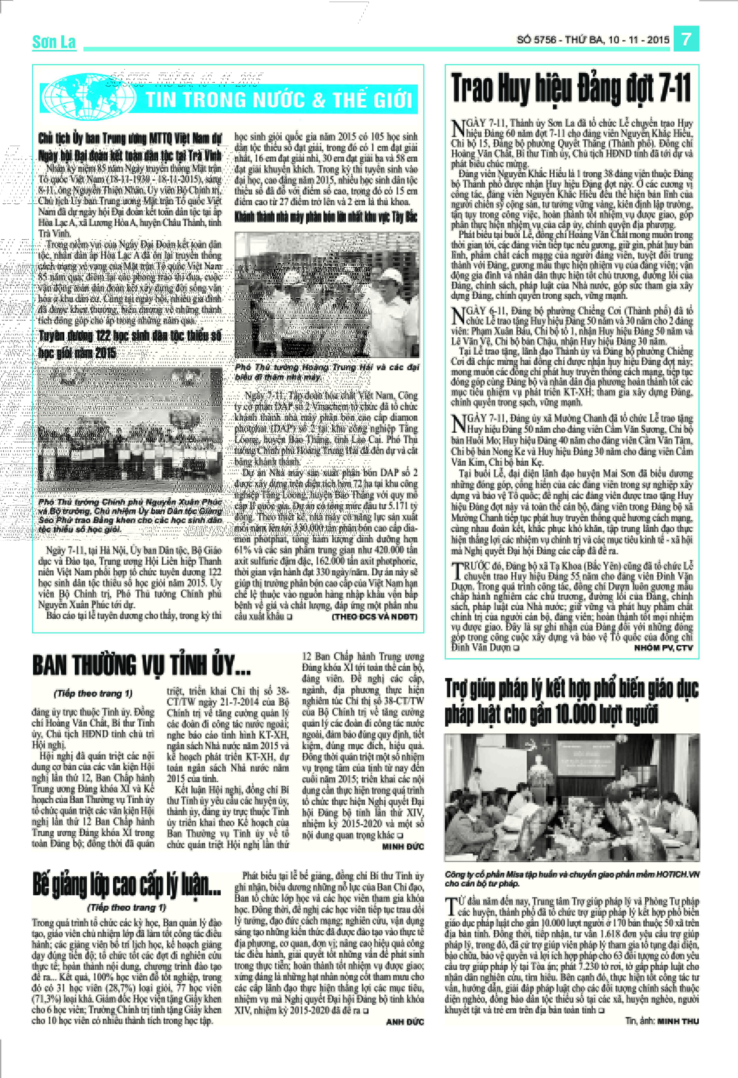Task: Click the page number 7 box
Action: pos(686,39)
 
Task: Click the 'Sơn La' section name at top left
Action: pos(54,42)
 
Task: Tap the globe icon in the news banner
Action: pos(88,97)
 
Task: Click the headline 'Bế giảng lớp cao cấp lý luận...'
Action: pos(127,884)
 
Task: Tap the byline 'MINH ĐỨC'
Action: pos(403,847)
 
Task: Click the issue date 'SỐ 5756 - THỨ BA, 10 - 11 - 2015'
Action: pos(593,40)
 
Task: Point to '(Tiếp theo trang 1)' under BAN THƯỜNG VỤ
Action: pos(93,693)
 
